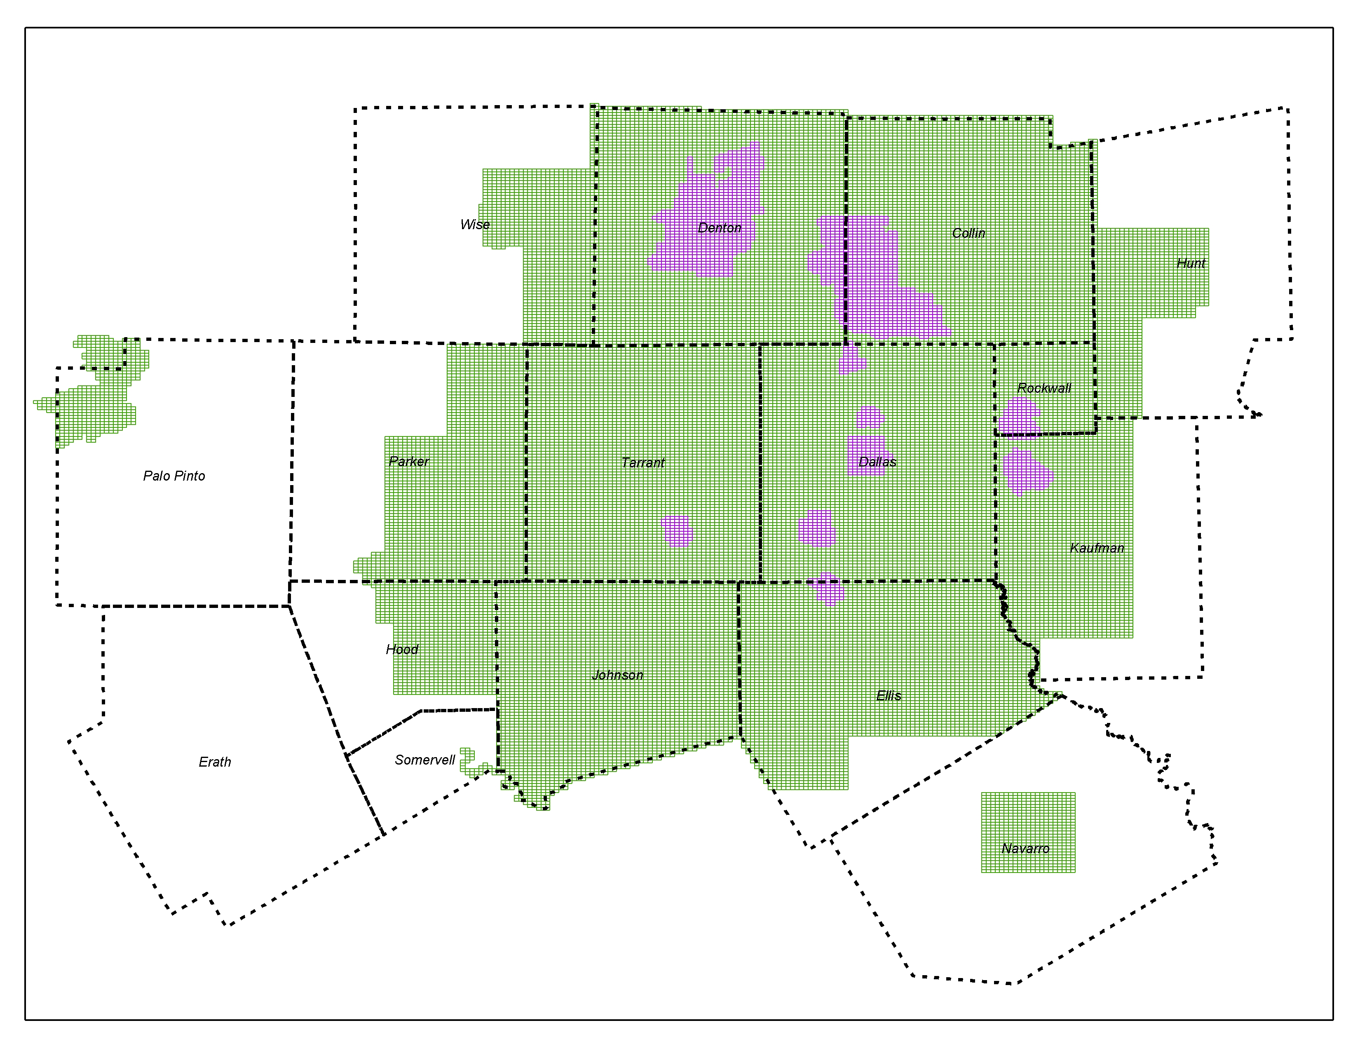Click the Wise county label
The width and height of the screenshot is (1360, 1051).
474,225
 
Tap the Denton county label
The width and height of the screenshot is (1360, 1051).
719,228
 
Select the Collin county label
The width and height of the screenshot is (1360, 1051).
968,233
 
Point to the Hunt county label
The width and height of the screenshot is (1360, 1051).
1191,263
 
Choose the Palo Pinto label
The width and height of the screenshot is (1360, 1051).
174,476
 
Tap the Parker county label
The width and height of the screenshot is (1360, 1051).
408,461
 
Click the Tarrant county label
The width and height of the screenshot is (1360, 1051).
642,462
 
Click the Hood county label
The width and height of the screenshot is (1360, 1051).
402,650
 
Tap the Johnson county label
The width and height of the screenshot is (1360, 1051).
617,675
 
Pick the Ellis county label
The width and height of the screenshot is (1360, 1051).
888,696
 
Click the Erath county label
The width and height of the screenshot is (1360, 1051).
214,762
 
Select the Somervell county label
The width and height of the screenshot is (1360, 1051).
424,760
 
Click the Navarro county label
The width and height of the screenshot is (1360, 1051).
1025,849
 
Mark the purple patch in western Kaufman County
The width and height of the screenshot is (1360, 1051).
1027,472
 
